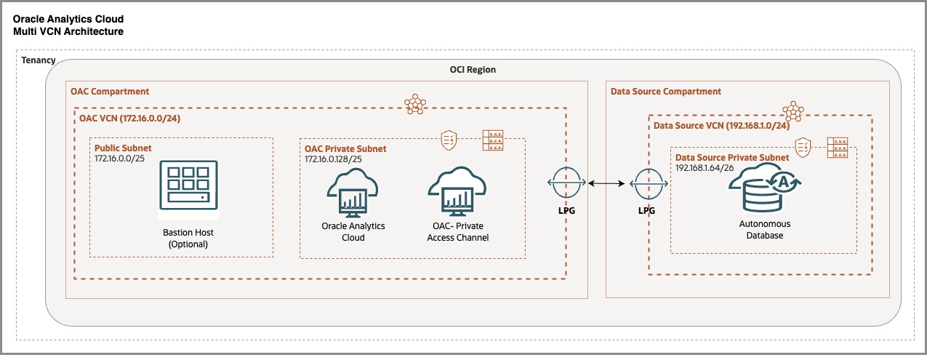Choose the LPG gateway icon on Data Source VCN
pos(646,185)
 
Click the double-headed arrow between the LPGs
pos(605,185)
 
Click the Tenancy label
pos(39,59)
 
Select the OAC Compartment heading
pos(110,92)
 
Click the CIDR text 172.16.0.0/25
pos(126,158)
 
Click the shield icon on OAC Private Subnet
pos(449,138)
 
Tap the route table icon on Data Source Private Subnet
pos(839,148)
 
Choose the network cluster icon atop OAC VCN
pos(414,104)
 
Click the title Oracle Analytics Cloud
pos(68,18)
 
